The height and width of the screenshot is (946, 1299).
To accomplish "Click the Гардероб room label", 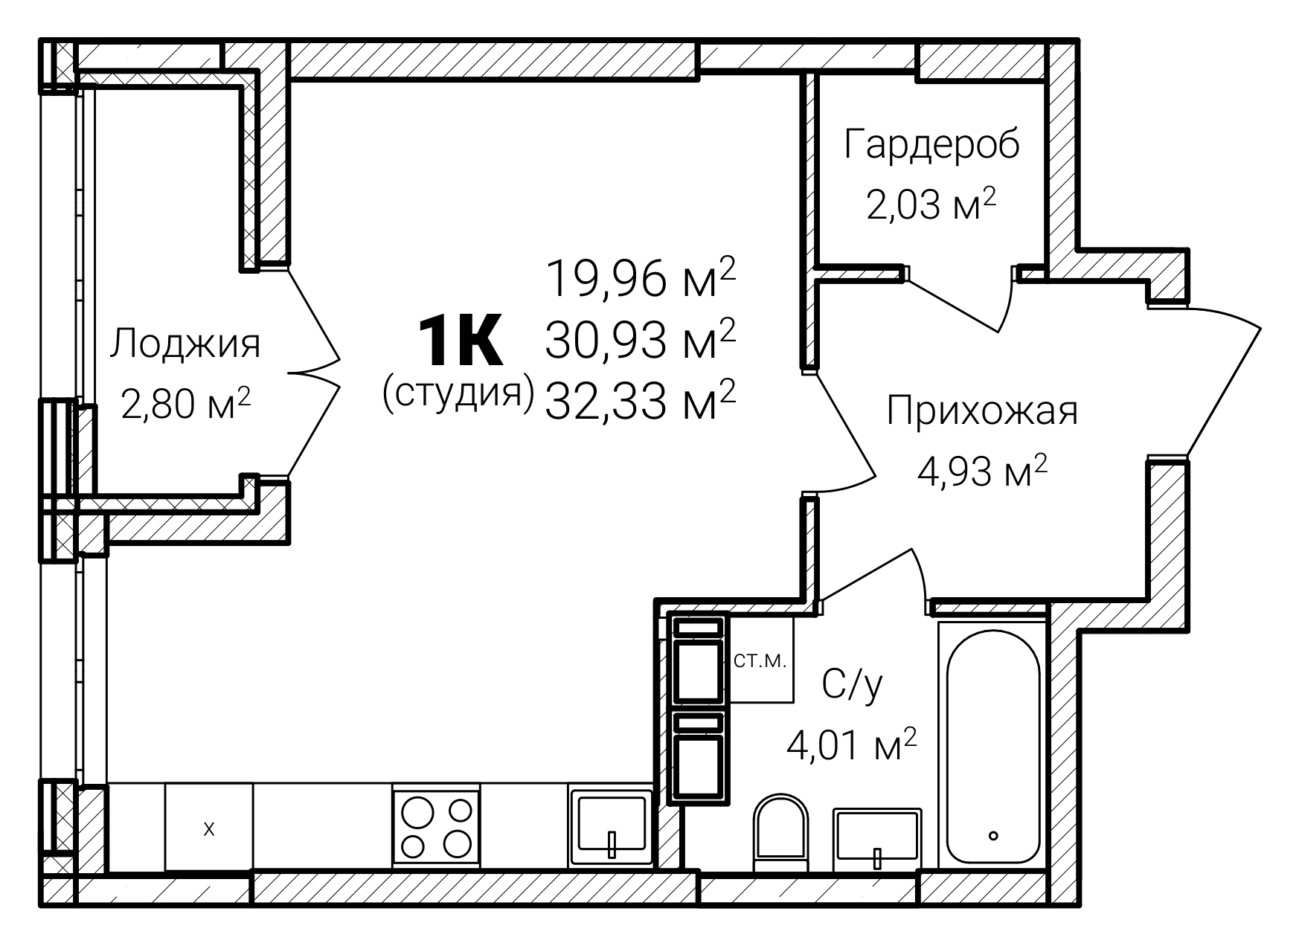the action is (931, 146).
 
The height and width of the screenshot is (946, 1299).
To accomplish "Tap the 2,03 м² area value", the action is (931, 205).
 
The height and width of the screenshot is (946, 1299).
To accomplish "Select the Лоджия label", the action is (185, 345).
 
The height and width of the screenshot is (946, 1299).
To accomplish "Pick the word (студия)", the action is (458, 393).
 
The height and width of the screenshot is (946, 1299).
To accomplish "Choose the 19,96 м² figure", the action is (641, 278).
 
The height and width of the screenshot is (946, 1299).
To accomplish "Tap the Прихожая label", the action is (982, 411).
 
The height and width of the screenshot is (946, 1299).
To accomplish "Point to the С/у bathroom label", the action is (853, 683).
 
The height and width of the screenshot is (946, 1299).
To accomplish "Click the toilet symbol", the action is (780, 833).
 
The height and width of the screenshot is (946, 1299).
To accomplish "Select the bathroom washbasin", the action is (878, 840).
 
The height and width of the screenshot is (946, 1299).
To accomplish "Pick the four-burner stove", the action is (437, 826).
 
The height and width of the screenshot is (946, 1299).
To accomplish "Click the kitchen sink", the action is (611, 826).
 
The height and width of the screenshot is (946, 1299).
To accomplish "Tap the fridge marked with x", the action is (209, 827).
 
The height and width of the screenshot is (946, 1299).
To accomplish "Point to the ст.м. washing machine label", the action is (760, 661).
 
